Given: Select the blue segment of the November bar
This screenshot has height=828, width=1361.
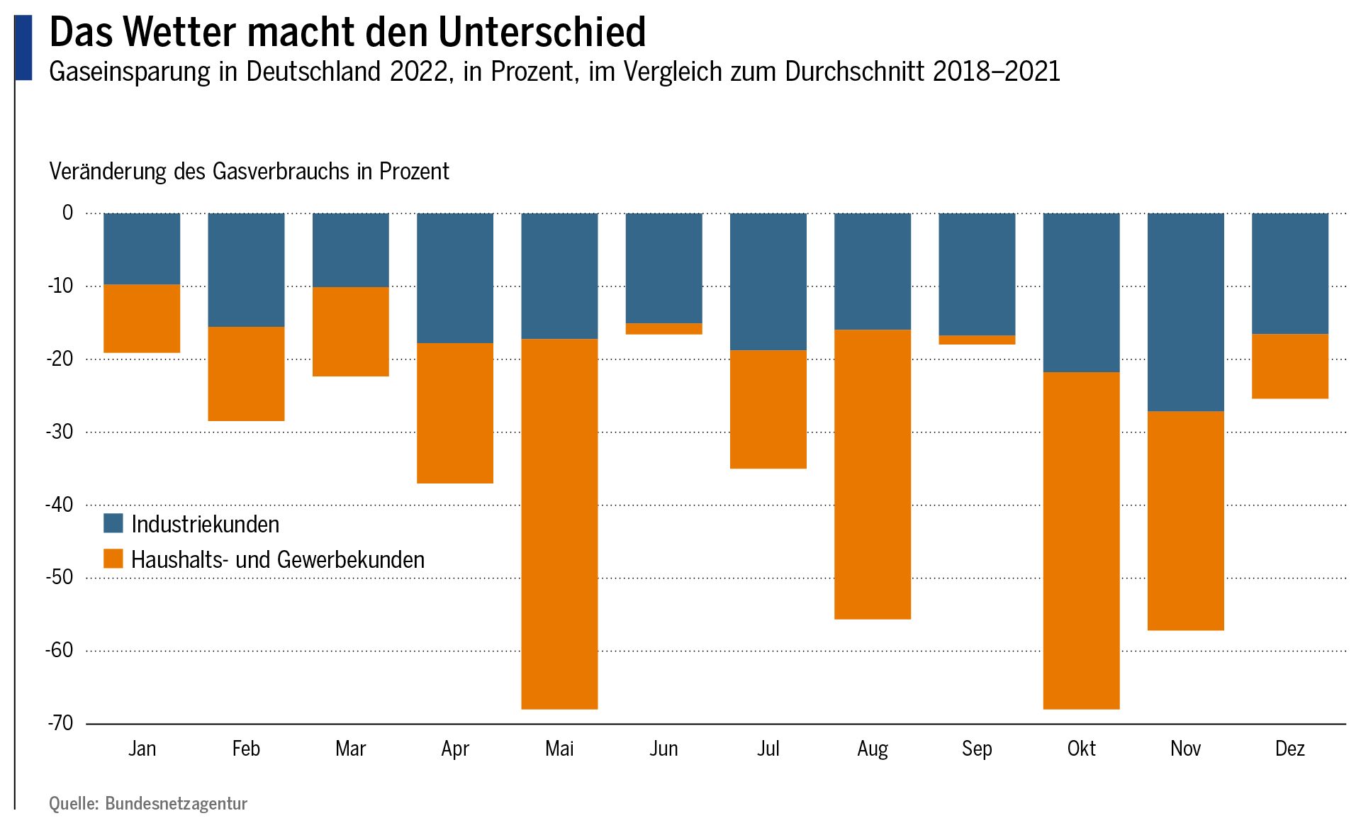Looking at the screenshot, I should pos(1185,312).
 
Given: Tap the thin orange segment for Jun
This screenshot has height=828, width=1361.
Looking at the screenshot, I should pos(663,329).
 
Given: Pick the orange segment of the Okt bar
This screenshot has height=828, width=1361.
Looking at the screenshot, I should pos(1081,540).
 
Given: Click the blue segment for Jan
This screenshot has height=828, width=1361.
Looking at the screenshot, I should pos(142,249).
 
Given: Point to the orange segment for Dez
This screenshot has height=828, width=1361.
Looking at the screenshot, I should pos(1289,366).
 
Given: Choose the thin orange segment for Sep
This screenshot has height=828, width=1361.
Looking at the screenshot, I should pos(977,340).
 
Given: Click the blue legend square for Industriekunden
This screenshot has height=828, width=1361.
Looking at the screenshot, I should pos(113,524).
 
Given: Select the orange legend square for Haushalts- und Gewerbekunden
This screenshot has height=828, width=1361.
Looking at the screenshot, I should pos(113,559).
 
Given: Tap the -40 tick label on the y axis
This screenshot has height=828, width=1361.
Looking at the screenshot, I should pos(60,505).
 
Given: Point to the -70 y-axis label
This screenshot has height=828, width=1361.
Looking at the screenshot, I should pos(60,723).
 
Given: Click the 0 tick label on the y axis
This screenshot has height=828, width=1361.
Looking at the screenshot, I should pos(67,213).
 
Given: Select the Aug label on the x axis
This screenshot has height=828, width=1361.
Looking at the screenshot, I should pos(872,749).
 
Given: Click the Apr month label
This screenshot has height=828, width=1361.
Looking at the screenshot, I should pos(454,749).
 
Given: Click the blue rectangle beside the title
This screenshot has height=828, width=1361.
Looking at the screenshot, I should pos(23,47).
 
